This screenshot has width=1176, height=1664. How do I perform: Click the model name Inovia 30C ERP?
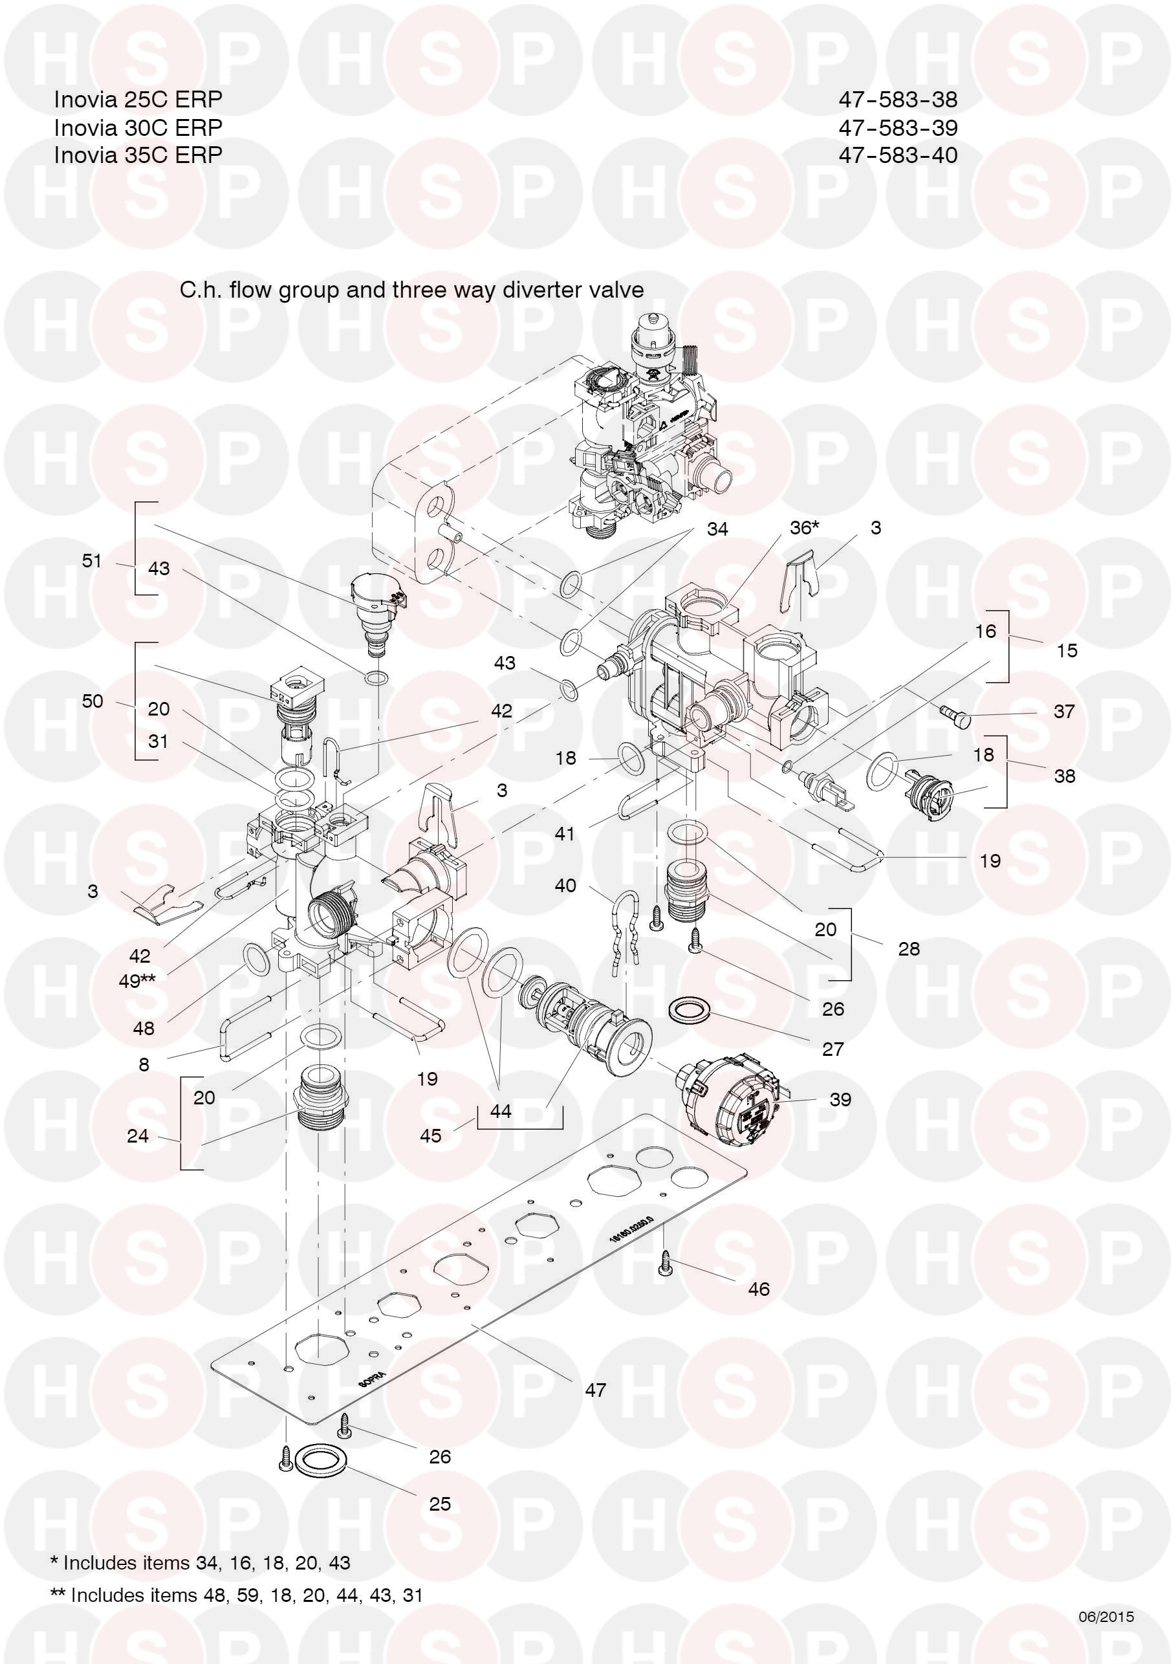point(138,127)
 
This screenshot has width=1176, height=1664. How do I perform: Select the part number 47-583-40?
point(898,155)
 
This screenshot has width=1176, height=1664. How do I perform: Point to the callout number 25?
point(440,1503)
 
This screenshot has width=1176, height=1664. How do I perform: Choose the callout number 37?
point(1063,711)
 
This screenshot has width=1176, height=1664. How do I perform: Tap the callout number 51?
point(91,560)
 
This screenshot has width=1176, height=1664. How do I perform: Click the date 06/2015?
point(1105,1617)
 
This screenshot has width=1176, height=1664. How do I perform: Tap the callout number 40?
point(565,885)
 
